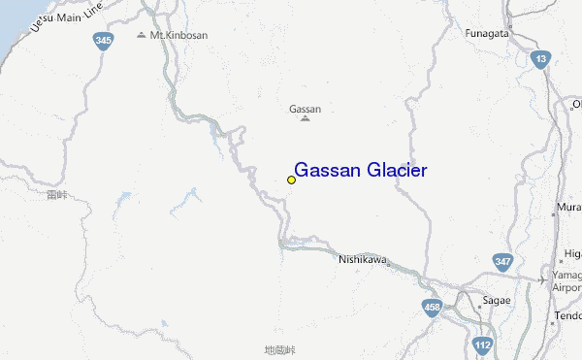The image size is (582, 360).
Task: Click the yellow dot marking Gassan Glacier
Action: click(291, 180)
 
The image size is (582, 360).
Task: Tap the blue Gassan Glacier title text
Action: click(360, 171)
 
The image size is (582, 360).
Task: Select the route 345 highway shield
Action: click(104, 41)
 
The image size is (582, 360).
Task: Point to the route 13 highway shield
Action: click(540, 60)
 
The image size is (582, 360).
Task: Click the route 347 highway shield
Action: click(502, 261)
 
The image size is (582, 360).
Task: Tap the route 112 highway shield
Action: click(483, 344)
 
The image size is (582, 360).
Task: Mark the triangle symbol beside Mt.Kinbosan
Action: click(142, 35)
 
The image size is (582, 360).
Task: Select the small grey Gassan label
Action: click(306, 109)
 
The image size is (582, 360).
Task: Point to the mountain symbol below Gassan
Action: click(306, 119)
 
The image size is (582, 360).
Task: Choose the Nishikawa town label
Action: click(363, 259)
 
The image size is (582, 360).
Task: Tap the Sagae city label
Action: click(497, 300)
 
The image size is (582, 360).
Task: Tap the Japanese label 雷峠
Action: click(57, 195)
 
